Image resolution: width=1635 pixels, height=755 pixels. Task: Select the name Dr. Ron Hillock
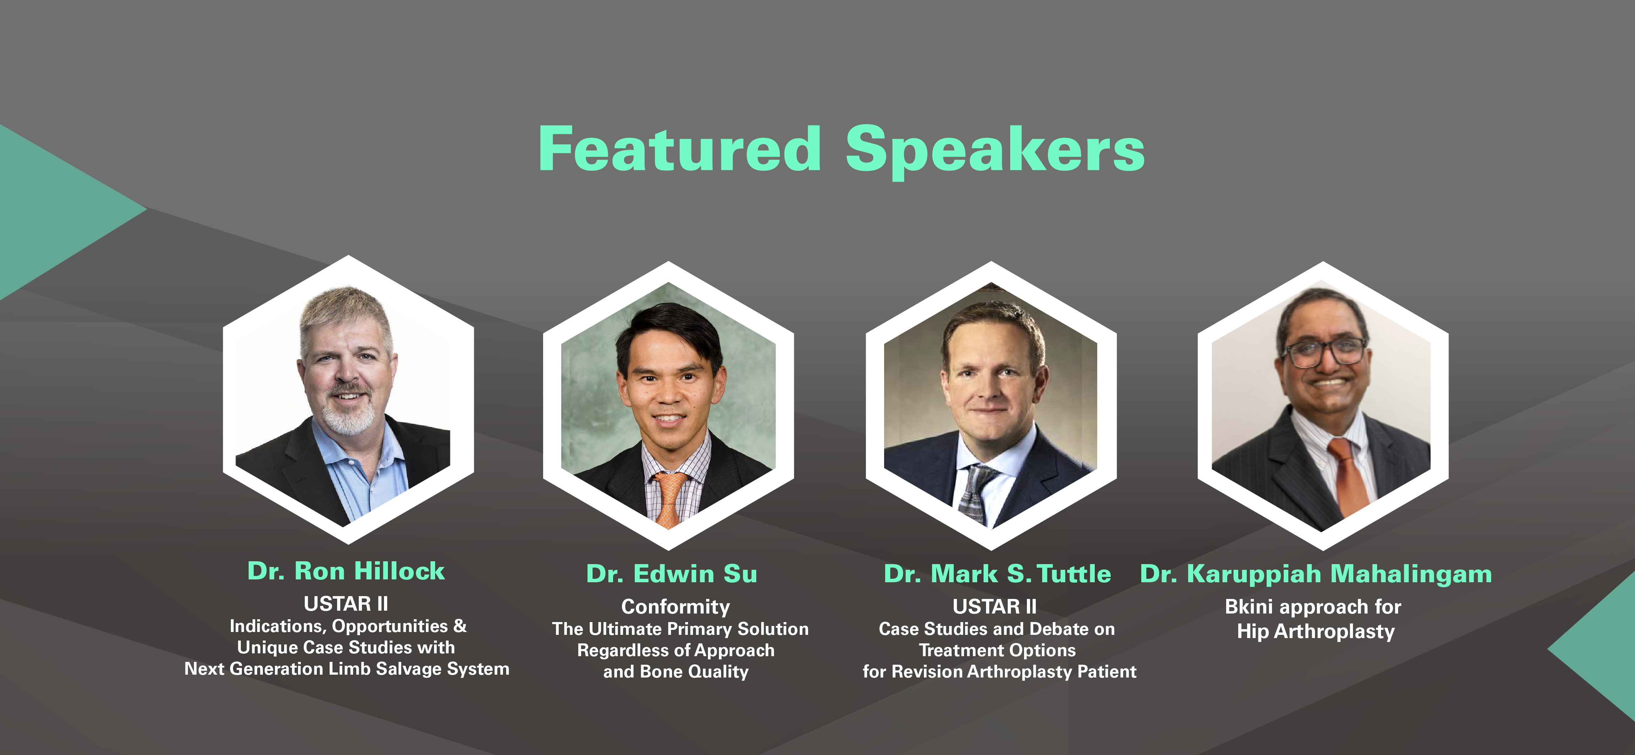346,571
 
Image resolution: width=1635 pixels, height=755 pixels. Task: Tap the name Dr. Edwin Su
672,573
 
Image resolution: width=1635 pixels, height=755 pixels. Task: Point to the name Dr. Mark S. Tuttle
997,573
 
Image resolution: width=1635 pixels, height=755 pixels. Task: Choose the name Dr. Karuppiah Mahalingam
1316,573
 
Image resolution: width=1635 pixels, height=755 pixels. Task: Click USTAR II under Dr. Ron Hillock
346,603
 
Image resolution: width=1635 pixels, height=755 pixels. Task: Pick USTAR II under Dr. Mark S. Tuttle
995,606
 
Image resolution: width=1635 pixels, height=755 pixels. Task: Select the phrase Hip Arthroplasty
1316,631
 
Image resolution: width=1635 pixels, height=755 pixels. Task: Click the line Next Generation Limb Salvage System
347,669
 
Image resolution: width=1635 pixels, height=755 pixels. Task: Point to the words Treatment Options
997,650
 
